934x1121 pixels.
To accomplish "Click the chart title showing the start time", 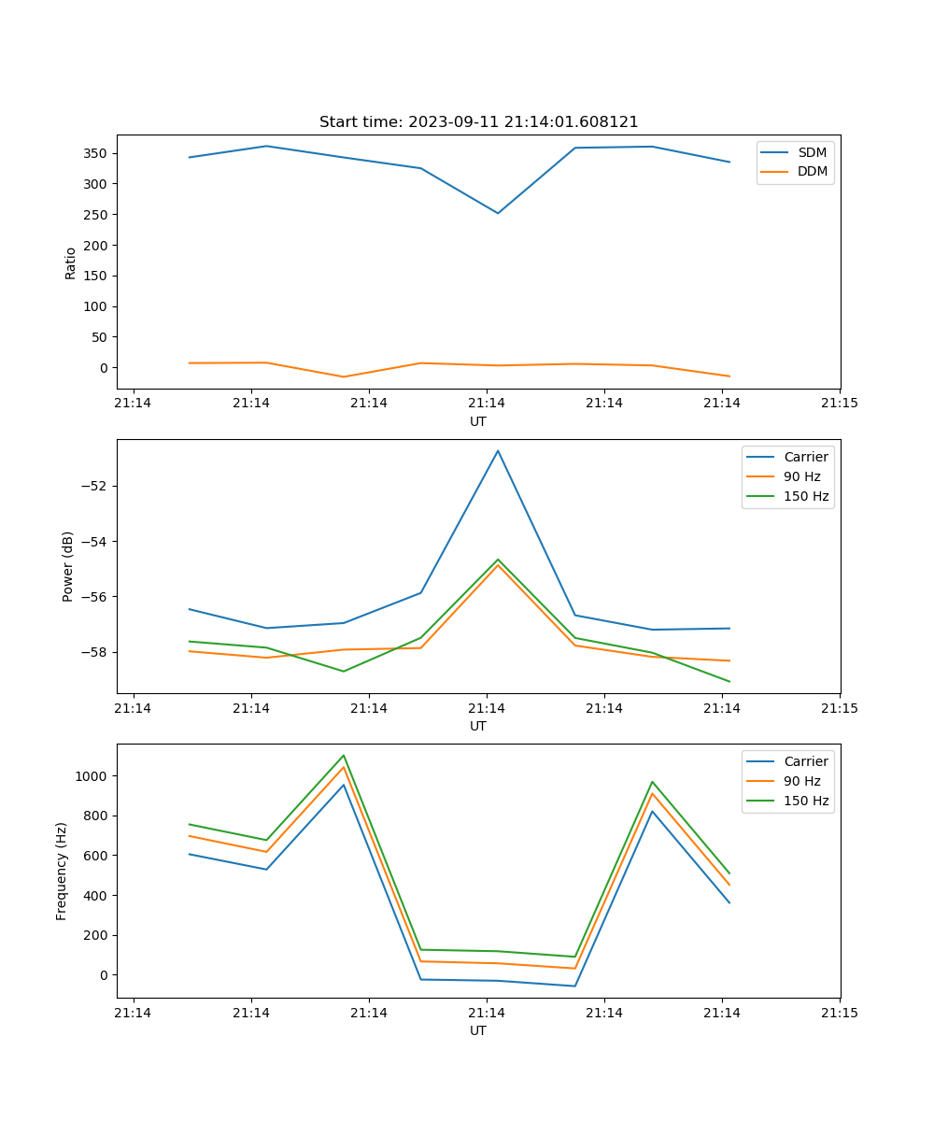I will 478,122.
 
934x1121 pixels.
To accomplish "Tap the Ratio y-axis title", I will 70,263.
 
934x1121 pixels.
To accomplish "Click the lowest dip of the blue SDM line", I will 498,213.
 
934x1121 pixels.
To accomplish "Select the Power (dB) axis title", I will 68,567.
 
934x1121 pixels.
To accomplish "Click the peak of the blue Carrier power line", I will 498,450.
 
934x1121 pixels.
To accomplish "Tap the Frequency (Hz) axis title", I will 62,871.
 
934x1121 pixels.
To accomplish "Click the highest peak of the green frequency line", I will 344,755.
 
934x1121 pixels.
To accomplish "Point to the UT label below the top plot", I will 478,421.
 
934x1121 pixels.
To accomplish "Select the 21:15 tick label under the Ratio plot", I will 839,404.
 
